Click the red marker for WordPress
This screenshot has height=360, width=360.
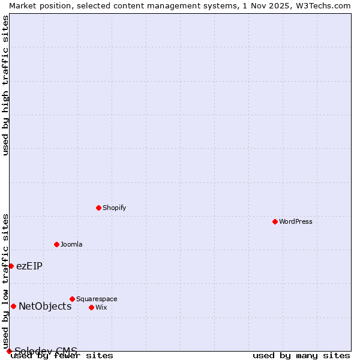275,221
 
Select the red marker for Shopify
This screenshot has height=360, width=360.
98,208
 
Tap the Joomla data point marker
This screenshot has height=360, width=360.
56,244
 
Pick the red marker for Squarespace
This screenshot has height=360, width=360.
72,299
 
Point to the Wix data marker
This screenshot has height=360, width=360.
91,307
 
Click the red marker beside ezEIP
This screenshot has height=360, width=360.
11,266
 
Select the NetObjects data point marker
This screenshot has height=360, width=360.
13,306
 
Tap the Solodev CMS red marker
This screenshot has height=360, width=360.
9,351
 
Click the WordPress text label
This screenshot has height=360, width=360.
296,221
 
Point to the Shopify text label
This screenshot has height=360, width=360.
115,208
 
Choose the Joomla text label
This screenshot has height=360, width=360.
71,244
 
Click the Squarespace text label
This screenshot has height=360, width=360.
97,299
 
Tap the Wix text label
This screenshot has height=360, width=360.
101,307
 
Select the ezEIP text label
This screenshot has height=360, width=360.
29,266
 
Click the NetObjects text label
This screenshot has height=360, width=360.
45,306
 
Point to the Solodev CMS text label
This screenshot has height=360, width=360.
46,350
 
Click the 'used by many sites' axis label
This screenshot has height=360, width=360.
301,356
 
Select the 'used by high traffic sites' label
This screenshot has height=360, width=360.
5,85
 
